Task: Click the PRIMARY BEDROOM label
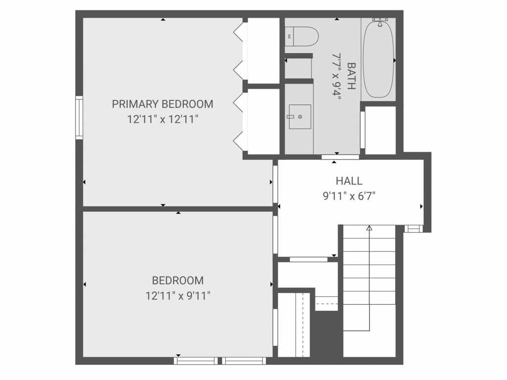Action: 162,104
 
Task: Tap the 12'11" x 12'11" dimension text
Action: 162,119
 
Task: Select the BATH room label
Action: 352,76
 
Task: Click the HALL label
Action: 349,181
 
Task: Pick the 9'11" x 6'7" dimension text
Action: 349,196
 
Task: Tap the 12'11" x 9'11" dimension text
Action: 177,296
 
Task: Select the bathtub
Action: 378,58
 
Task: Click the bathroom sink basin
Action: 300,117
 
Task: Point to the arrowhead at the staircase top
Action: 369,228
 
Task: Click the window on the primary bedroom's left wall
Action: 79,117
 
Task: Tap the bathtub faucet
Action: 380,21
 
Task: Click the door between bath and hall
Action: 340,157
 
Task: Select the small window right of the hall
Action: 412,229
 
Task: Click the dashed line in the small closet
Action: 326,303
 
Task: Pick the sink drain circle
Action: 301,117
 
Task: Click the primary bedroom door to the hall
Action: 275,184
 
